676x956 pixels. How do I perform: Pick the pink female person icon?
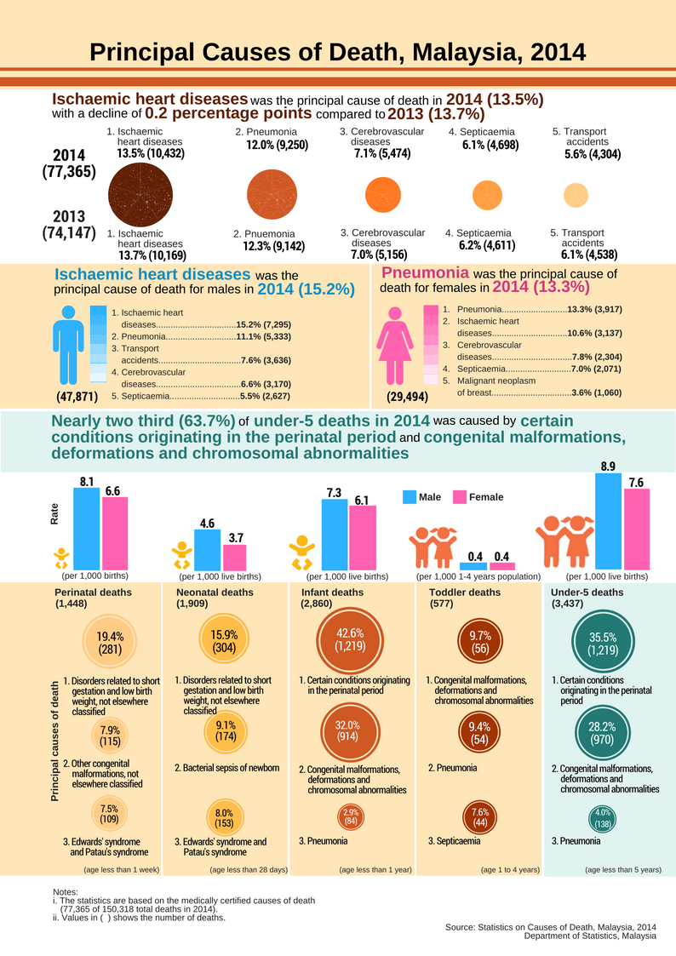click(x=395, y=345)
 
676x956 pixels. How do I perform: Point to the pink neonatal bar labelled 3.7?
click(x=235, y=557)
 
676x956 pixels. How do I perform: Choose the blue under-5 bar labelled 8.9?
click(x=608, y=521)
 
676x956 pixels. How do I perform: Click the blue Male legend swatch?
click(x=409, y=497)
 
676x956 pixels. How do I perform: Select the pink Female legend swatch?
click(x=459, y=497)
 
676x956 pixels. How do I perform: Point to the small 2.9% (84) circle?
click(x=351, y=817)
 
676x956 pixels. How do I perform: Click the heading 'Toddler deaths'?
click(x=467, y=592)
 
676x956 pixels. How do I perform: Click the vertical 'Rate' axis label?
click(x=55, y=512)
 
